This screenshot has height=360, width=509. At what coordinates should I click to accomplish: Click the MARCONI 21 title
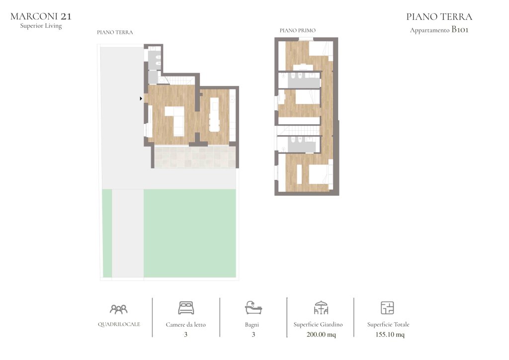point(41,16)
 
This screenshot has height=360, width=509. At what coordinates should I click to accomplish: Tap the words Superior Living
point(41,26)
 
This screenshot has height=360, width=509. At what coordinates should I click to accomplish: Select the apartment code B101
point(460,29)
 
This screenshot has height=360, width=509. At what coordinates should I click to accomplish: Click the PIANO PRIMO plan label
point(298,30)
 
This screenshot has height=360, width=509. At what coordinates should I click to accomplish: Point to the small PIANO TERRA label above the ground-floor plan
point(115,32)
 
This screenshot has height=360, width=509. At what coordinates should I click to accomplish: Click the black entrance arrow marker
point(141,98)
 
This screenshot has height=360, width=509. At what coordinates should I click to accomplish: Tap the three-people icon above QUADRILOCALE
point(119,309)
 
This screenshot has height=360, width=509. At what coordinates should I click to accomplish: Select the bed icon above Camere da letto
point(186,308)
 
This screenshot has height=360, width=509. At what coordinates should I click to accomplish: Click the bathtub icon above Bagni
point(253,307)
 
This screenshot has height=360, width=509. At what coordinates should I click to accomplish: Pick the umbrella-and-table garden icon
point(321,307)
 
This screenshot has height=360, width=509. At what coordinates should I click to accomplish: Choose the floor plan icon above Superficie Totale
point(387,308)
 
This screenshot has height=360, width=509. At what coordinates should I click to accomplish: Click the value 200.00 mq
point(321,334)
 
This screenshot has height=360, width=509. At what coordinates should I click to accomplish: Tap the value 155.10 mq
point(390,334)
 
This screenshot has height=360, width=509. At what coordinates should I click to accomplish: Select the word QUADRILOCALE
point(119,324)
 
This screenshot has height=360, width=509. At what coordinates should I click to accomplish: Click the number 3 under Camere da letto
point(186,334)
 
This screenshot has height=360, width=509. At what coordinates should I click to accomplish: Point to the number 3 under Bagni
point(253,334)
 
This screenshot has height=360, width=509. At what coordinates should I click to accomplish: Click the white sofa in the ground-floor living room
point(175,121)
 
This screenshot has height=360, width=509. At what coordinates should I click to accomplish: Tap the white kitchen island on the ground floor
point(214,114)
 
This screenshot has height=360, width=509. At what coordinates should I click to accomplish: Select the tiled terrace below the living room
point(195,157)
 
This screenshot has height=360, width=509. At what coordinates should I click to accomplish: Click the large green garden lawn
point(189,233)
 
